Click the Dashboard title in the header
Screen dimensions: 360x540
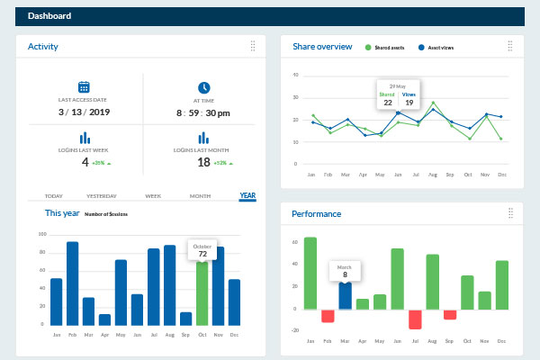pyautogui.click(x=50, y=16)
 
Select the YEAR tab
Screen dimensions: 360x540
pyautogui.click(x=247, y=195)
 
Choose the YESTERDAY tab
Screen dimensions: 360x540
pyautogui.click(x=102, y=195)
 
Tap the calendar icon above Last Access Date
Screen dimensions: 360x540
pyautogui.click(x=84, y=87)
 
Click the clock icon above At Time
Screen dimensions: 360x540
pyautogui.click(x=204, y=87)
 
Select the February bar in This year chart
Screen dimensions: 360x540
pyautogui.click(x=72, y=283)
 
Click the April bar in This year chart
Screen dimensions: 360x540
pyautogui.click(x=104, y=319)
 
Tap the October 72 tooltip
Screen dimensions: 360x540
pyautogui.click(x=202, y=249)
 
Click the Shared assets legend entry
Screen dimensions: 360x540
pyautogui.click(x=391, y=47)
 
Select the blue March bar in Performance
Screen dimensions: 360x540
pyautogui.click(x=345, y=296)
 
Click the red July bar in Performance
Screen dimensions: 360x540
pyautogui.click(x=415, y=319)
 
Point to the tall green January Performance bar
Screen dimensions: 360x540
pyautogui.click(x=310, y=274)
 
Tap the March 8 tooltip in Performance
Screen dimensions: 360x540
pyautogui.click(x=345, y=271)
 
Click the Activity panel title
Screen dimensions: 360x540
pyautogui.click(x=42, y=46)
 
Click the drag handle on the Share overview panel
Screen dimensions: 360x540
pyautogui.click(x=510, y=46)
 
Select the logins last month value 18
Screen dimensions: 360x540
pyautogui.click(x=203, y=162)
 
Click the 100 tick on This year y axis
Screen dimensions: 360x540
pyautogui.click(x=41, y=235)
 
